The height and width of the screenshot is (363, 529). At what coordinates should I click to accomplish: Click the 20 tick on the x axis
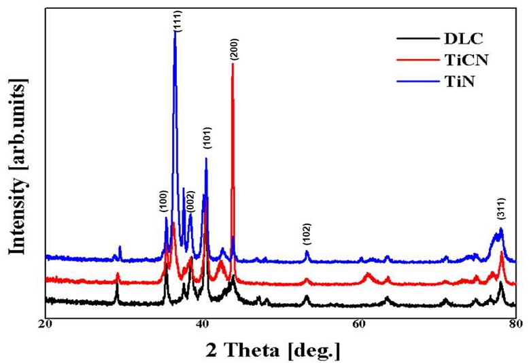[x=45, y=324]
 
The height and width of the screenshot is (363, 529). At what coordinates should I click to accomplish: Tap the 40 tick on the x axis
[x=202, y=324]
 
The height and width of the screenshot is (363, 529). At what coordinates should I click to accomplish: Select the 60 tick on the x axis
[x=359, y=324]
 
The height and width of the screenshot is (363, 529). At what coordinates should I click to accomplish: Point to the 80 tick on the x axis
[x=515, y=324]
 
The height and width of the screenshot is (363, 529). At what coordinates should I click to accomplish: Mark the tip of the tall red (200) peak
[x=233, y=64]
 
